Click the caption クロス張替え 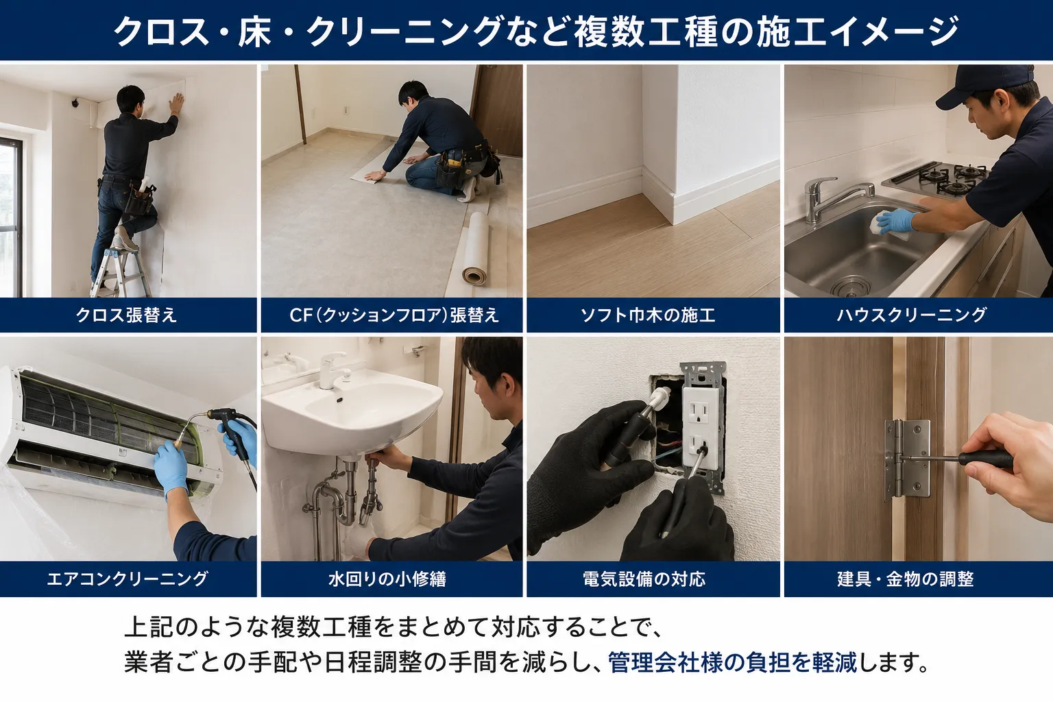(x=126, y=315)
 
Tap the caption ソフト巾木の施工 (x=648, y=315)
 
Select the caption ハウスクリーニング (x=911, y=315)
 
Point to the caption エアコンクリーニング (x=127, y=579)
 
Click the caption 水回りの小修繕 (x=387, y=579)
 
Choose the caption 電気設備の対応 (x=644, y=579)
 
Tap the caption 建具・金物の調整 (x=905, y=579)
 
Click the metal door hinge (x=907, y=459)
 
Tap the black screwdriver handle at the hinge (x=985, y=459)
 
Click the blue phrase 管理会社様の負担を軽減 (x=733, y=662)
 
